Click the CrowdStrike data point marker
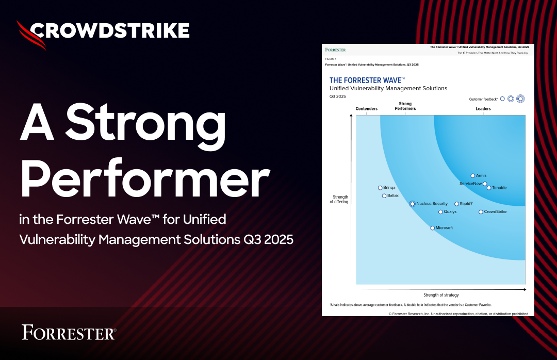[481, 212]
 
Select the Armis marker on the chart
[473, 176]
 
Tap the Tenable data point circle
[489, 188]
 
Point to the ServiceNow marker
[485, 184]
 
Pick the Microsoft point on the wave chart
[432, 228]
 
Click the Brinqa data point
[380, 188]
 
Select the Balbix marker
[384, 196]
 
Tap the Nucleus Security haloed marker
[412, 204]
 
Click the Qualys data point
[440, 212]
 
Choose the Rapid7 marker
[456, 204]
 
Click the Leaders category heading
[483, 109]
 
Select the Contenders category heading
[367, 109]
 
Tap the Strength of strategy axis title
[441, 295]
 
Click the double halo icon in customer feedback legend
[520, 99]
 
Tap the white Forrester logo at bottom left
[69, 332]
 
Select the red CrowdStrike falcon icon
[31, 35]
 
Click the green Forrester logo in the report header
[335, 50]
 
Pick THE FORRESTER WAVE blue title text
[367, 80]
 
